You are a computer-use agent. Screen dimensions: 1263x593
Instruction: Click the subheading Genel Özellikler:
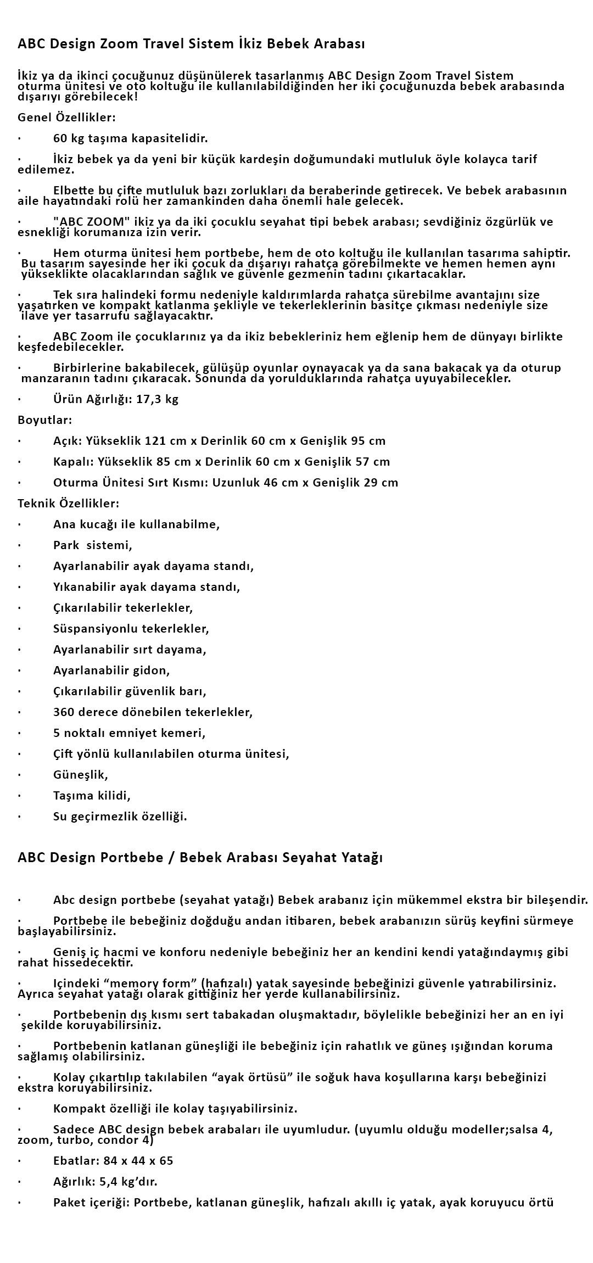[x=66, y=118]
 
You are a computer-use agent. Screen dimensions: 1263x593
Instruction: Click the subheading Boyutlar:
[x=45, y=420]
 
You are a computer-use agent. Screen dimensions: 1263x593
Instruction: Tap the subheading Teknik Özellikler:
[x=68, y=504]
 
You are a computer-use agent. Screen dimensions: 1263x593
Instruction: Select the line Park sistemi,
[x=93, y=545]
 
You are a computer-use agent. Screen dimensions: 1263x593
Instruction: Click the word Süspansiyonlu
[x=95, y=629]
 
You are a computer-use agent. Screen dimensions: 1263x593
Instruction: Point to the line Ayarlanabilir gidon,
[x=111, y=670]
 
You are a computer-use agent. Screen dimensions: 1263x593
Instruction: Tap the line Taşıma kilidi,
[x=92, y=796]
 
